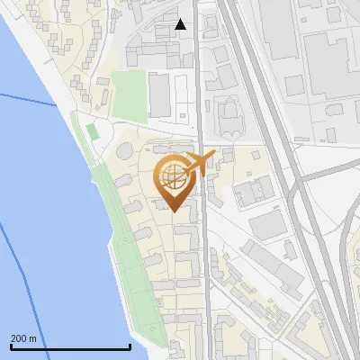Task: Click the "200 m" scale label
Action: click(23, 338)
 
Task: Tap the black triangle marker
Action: click(180, 24)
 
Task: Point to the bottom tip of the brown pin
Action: click(174, 212)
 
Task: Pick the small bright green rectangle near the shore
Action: click(93, 131)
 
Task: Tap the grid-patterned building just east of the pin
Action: click(254, 191)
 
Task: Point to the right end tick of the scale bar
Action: click(130, 346)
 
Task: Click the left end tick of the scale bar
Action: click(10, 346)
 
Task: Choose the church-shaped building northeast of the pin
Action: click(229, 115)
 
